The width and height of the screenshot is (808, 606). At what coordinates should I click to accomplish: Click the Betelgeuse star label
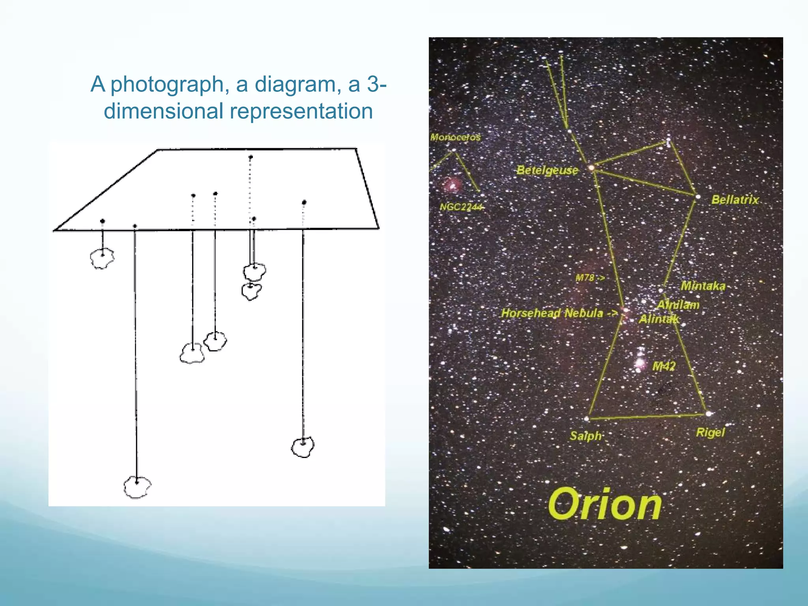pyautogui.click(x=547, y=170)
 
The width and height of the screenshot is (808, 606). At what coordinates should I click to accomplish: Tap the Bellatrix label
pyautogui.click(x=735, y=200)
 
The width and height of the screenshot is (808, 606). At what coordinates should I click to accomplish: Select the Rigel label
pyautogui.click(x=710, y=432)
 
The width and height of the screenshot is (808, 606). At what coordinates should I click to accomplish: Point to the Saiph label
pyautogui.click(x=585, y=436)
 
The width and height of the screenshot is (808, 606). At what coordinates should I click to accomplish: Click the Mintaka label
pyautogui.click(x=703, y=286)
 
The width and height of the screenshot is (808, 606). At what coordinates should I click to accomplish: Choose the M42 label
pyautogui.click(x=664, y=366)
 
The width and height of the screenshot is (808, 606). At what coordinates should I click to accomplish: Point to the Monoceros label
pyautogui.click(x=455, y=137)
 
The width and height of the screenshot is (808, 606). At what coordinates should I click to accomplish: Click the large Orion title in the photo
pyautogui.click(x=604, y=505)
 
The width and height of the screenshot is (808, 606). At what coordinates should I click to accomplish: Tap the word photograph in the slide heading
pyautogui.click(x=167, y=84)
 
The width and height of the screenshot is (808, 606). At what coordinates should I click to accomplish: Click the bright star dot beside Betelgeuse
pyautogui.click(x=591, y=168)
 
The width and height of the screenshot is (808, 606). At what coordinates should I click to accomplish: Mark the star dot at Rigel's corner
pyautogui.click(x=709, y=414)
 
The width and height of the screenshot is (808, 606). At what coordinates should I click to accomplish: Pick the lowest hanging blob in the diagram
pyautogui.click(x=137, y=487)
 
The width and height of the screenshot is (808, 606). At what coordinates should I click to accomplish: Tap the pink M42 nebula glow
pyautogui.click(x=640, y=362)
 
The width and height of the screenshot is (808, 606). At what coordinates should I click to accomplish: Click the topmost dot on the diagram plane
pyautogui.click(x=251, y=157)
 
